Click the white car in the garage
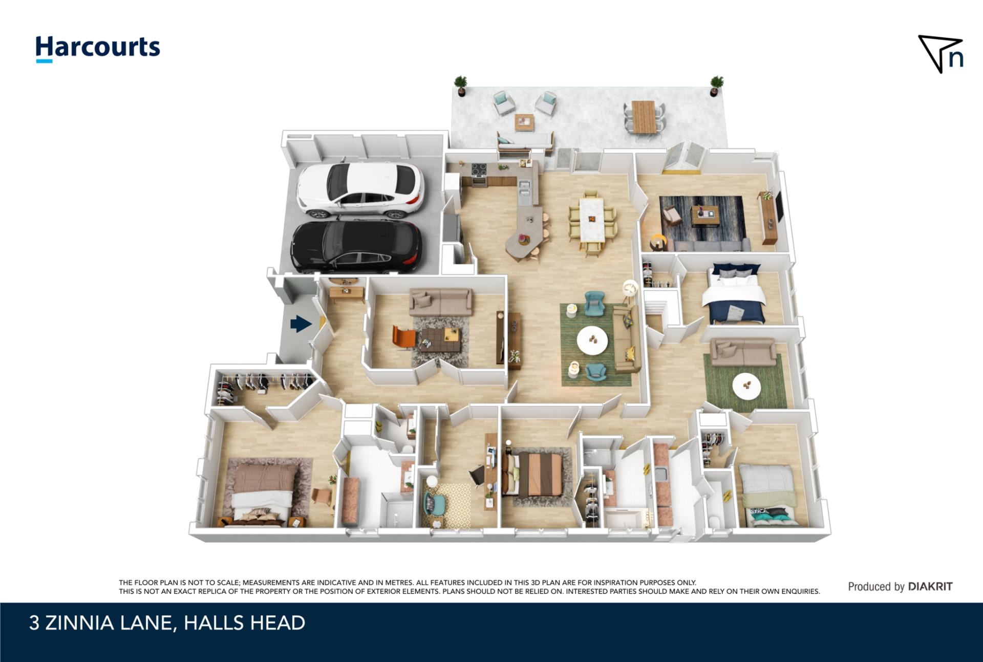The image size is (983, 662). tap(360, 189)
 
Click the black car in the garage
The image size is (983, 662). tap(356, 246)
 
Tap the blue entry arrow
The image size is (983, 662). tap(301, 324)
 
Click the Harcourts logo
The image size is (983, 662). tap(97, 49)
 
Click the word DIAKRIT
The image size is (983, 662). tap(930, 587)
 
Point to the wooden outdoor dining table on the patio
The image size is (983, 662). tap(644, 116)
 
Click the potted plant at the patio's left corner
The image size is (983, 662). tap(461, 86)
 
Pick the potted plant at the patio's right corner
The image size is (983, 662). tap(716, 85)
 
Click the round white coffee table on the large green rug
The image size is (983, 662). tap(592, 340)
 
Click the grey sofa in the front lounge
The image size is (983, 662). tap(440, 303)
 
